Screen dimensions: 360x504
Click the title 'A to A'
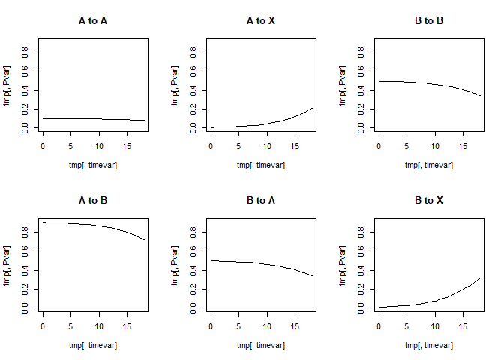point(93,20)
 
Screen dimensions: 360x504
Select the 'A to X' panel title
point(261,20)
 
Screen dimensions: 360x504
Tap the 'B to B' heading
point(429,20)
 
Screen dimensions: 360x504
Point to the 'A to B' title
point(93,200)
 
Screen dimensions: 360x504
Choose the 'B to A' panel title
point(261,200)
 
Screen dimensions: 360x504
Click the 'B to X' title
point(429,200)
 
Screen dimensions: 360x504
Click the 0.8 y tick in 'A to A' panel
point(25,52)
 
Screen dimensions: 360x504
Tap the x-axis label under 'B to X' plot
point(429,346)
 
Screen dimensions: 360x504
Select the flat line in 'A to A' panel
point(93,118)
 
